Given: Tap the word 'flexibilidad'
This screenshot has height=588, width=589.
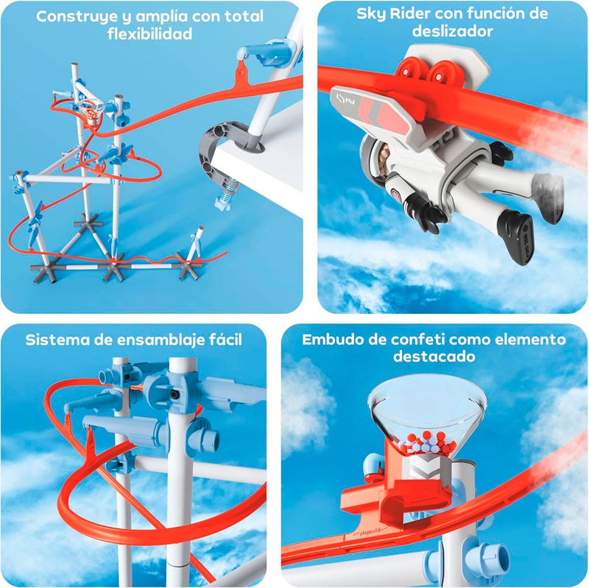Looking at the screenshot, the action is (x=150, y=34).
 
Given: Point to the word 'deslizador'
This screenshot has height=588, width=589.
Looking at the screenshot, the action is (x=452, y=31).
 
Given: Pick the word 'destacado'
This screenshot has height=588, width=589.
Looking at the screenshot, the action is (x=434, y=356).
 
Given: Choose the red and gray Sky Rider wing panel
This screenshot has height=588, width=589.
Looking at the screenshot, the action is (x=379, y=110).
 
